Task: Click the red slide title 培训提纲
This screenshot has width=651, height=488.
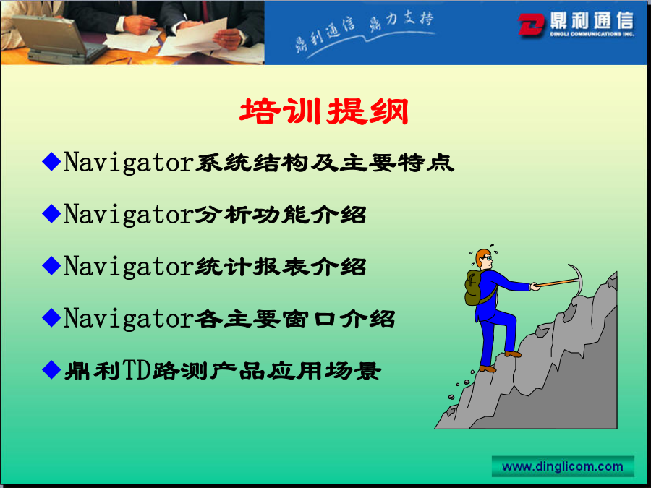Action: [x=324, y=111]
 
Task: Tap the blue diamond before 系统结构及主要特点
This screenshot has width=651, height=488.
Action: [x=52, y=161]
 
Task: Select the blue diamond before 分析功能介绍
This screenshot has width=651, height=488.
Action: [x=52, y=214]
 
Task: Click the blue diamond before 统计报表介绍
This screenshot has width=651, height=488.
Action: [x=52, y=265]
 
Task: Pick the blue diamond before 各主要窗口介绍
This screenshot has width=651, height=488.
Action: [x=52, y=318]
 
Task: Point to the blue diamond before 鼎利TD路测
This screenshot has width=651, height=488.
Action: [x=52, y=369]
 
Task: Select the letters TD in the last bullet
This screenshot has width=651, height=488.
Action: [x=136, y=370]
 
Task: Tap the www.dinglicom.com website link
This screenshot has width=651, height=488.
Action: [x=563, y=467]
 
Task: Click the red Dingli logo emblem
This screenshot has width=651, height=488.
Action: [x=531, y=24]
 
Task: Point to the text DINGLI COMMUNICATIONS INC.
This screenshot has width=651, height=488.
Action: [x=592, y=34]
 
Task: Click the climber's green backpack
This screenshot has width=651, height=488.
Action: [x=474, y=288]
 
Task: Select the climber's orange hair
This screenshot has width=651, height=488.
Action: [x=482, y=256]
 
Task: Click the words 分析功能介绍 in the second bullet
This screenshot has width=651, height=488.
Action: [x=281, y=215]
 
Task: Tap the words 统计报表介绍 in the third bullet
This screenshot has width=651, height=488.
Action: [x=281, y=266]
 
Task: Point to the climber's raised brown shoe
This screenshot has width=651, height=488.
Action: [x=512, y=354]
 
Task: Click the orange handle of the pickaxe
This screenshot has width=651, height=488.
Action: [x=555, y=283]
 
